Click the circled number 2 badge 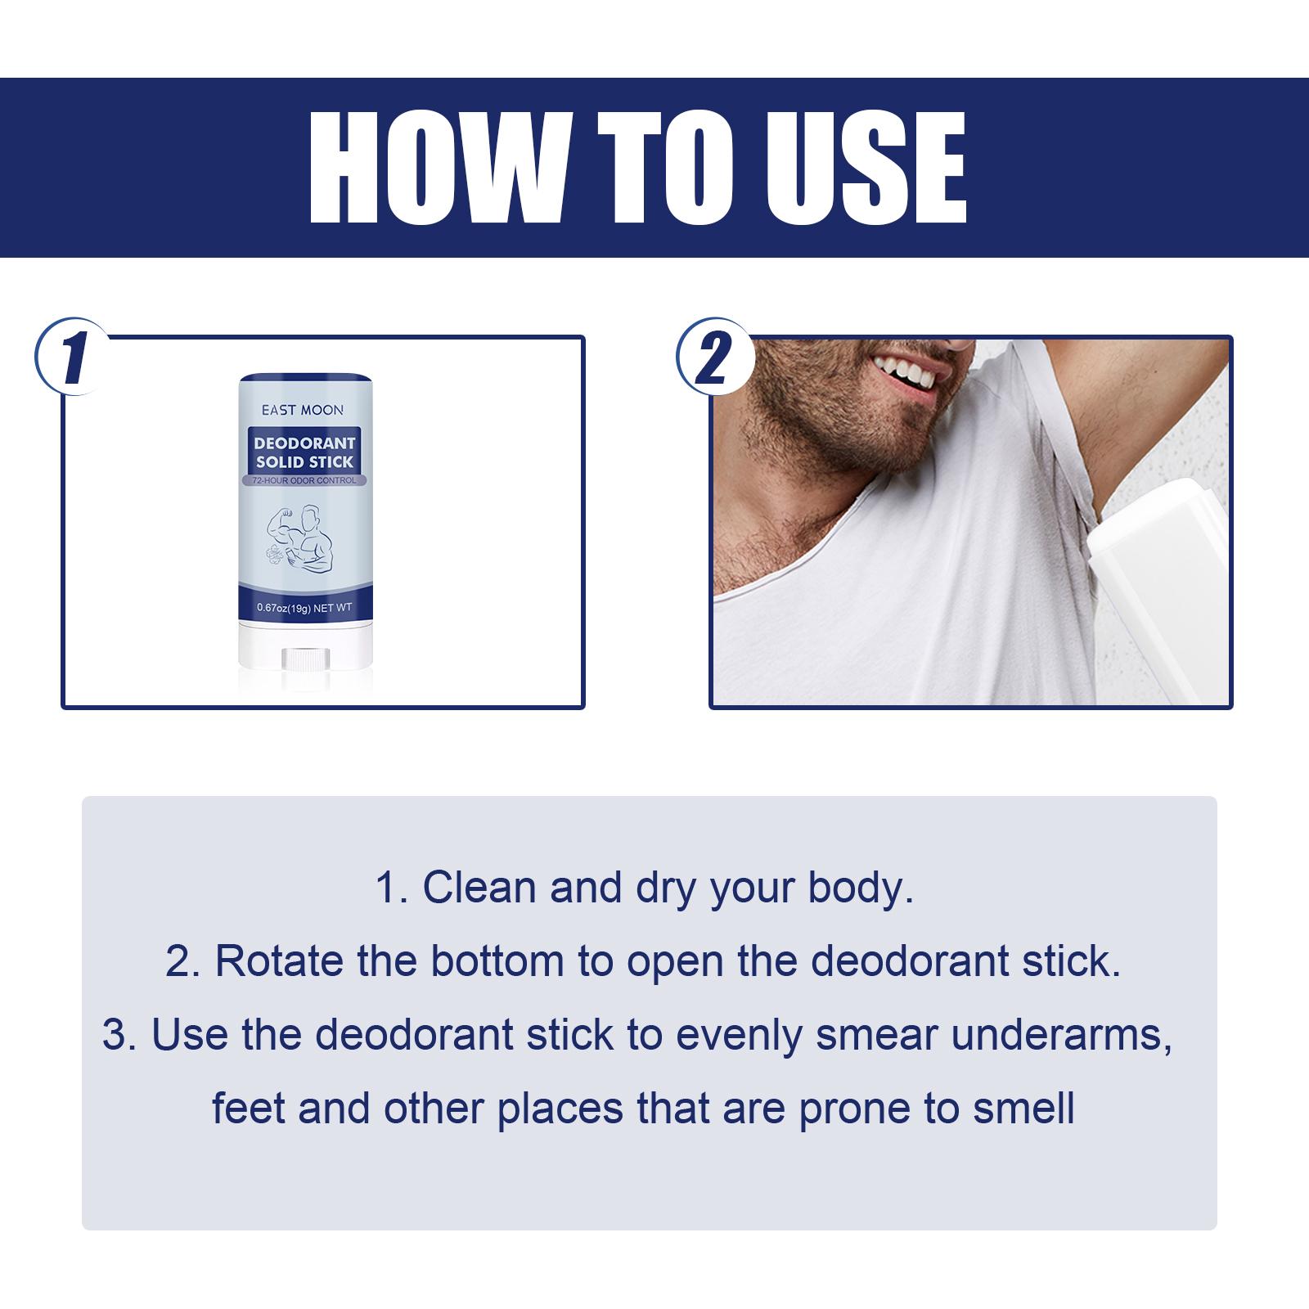point(715,358)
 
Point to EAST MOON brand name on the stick point(303,410)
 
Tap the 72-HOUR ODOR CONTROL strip point(304,480)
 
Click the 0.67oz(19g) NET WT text point(304,608)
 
